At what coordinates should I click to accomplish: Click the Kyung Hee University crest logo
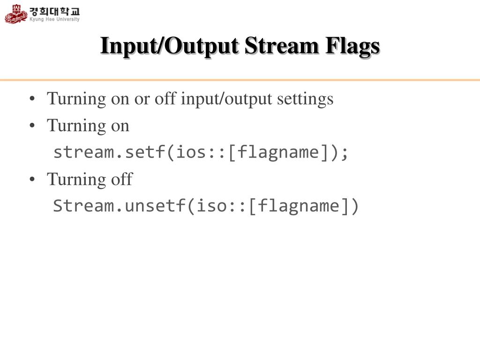[x=16, y=14]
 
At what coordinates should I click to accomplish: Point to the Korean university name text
[x=55, y=10]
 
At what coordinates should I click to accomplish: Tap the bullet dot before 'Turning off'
[x=32, y=180]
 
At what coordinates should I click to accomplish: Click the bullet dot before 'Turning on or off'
[x=32, y=99]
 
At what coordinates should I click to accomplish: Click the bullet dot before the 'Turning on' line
[x=32, y=126]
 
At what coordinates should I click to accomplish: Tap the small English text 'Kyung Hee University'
[x=55, y=19]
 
